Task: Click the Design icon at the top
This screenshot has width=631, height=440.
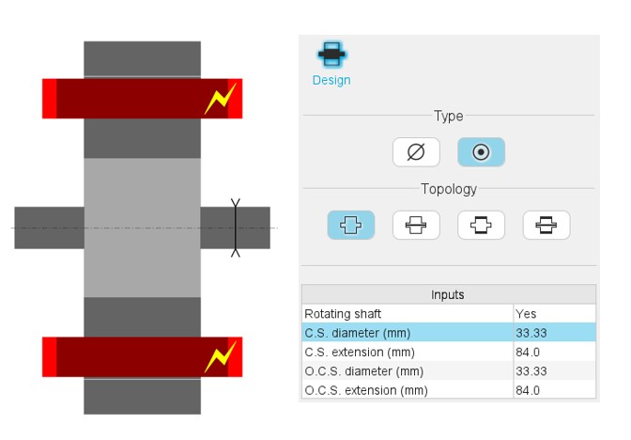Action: click(x=331, y=54)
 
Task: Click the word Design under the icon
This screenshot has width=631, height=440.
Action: click(x=331, y=80)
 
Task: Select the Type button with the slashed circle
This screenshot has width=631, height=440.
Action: click(x=416, y=151)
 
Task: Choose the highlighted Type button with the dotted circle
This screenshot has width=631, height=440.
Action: click(x=481, y=151)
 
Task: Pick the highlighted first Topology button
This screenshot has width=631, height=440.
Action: click(x=350, y=225)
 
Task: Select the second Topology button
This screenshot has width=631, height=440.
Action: click(x=416, y=225)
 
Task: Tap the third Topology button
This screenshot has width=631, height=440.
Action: click(x=481, y=225)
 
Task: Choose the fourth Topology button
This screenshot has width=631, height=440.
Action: click(x=546, y=225)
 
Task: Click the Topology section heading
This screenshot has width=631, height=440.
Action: click(x=448, y=189)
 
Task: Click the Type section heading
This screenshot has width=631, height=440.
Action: click(x=448, y=116)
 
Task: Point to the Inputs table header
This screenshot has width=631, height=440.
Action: click(x=448, y=294)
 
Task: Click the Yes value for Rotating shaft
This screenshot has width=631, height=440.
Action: click(x=526, y=313)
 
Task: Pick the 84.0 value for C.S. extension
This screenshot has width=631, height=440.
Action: click(x=529, y=352)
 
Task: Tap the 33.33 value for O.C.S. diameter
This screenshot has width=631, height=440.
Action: click(x=531, y=370)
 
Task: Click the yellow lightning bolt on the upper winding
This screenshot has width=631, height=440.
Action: click(x=220, y=99)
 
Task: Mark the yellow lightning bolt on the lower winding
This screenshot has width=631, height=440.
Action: click(x=220, y=356)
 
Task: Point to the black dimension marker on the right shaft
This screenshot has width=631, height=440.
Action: click(x=236, y=228)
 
